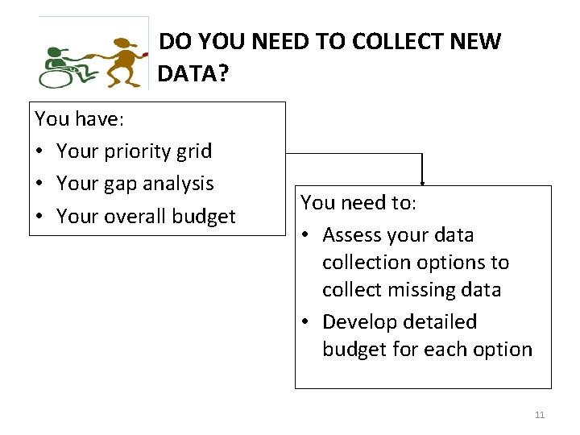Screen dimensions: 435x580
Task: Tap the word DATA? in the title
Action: [x=193, y=74]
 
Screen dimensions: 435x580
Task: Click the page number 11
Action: [x=540, y=415]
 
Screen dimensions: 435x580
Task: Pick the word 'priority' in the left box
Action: [x=135, y=151]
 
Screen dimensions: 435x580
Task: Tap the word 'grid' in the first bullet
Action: [x=193, y=151]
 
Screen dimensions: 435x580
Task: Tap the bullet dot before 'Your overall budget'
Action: [x=41, y=217]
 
